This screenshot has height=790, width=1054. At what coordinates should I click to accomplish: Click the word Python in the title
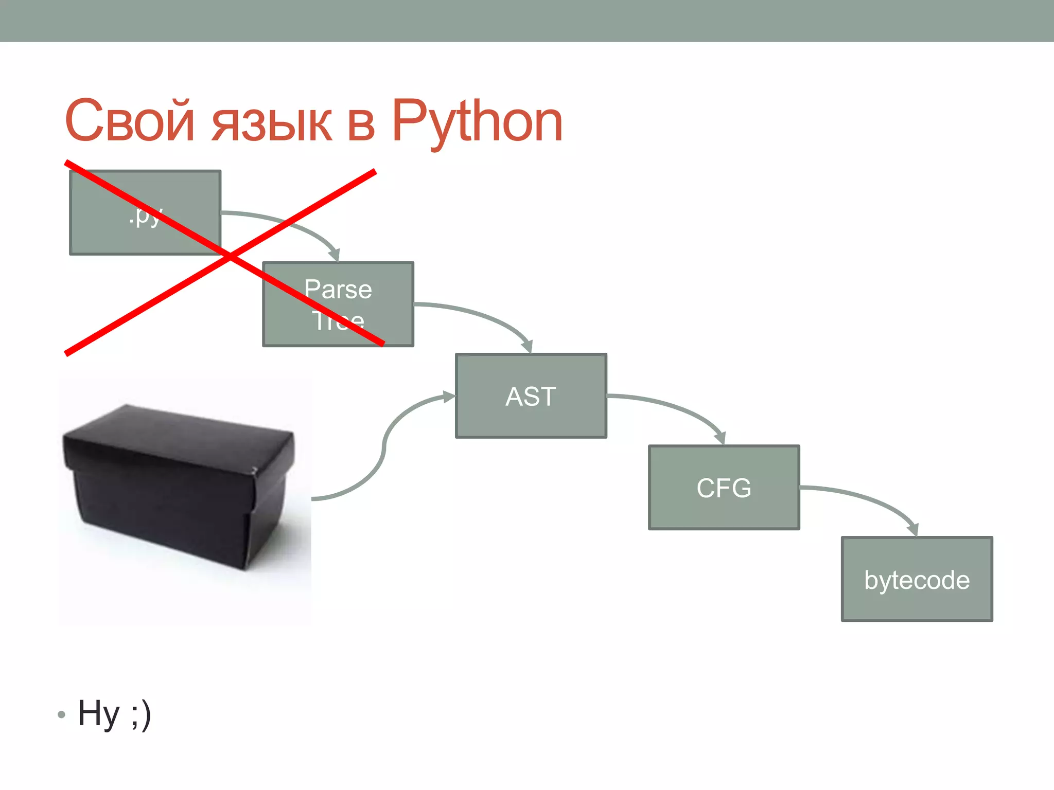coord(477,122)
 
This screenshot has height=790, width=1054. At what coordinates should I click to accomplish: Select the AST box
coord(531,396)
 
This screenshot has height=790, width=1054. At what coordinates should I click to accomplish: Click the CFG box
coord(724,488)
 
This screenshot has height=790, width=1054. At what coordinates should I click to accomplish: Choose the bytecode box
coord(917,580)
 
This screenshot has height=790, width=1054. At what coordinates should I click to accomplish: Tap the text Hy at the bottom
coord(98,714)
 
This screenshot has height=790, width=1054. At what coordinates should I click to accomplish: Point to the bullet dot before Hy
coord(62,714)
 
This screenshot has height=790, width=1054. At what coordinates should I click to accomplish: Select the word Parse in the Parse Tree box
coord(338,289)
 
